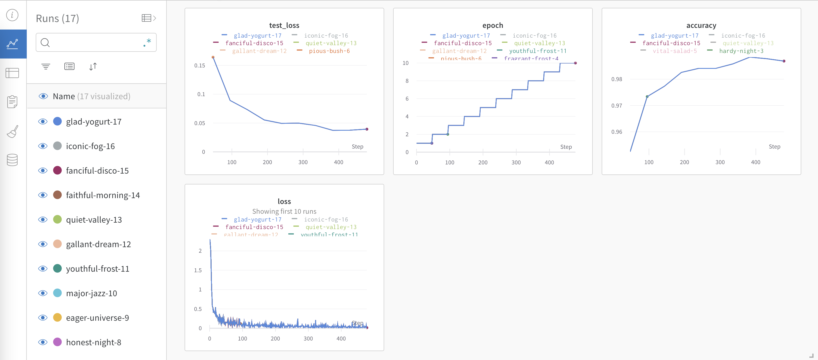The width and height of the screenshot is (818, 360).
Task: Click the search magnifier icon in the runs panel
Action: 45,43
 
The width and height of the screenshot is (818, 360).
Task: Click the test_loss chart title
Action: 284,25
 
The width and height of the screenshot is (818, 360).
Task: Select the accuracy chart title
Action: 701,25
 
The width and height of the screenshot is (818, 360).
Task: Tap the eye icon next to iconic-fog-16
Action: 43,146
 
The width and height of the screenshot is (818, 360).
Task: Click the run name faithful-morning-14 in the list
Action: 103,195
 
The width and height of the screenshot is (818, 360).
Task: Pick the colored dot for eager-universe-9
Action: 57,317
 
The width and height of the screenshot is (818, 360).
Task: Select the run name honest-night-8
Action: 93,342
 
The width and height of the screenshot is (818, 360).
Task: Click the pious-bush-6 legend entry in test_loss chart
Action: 329,51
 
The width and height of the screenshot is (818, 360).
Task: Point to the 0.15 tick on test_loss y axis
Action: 199,65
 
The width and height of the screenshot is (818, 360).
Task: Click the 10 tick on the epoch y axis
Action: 405,63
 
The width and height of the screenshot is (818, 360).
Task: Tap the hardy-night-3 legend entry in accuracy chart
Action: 741,51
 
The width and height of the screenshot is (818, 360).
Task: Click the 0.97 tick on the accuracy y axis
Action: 616,105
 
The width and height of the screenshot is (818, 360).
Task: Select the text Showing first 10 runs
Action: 284,211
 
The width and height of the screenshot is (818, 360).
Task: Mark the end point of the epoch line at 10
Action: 575,63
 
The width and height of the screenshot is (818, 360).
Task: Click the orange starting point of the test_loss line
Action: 213,57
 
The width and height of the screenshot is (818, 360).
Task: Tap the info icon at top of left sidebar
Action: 12,15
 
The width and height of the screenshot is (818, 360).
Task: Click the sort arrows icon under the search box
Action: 93,66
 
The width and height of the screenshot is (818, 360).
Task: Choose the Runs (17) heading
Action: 57,18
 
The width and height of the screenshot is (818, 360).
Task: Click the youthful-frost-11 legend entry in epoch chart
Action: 537,51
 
